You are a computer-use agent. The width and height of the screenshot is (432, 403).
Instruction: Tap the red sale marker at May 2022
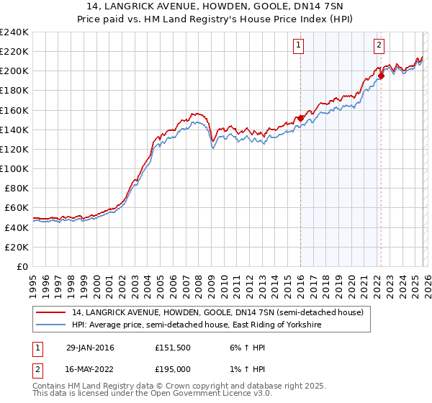coord(381,76)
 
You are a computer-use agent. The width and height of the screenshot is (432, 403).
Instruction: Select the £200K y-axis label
coord(14,71)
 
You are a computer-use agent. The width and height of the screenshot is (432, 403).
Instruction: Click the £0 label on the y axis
coord(22,266)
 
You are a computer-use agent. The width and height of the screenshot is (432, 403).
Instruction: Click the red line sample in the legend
coord(52,312)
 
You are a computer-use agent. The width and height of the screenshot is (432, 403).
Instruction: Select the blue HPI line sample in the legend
coord(52,325)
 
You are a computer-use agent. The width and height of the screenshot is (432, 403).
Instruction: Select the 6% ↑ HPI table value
coord(246,348)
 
